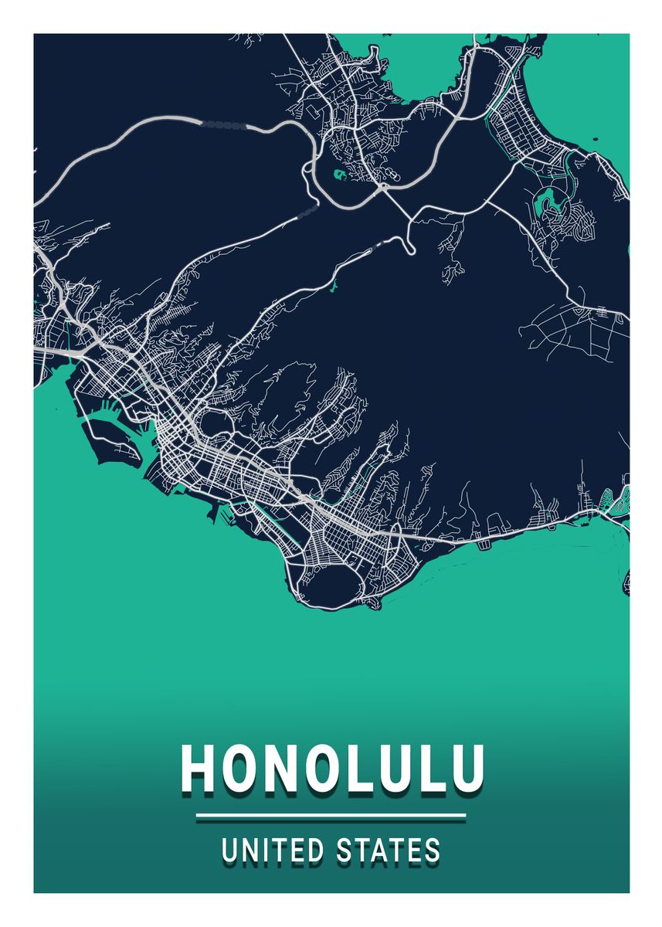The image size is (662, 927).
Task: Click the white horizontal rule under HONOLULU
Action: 331,814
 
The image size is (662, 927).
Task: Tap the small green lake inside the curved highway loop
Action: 339,175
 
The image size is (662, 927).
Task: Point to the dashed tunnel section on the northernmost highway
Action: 224,123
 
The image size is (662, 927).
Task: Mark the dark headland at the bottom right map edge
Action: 626,583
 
